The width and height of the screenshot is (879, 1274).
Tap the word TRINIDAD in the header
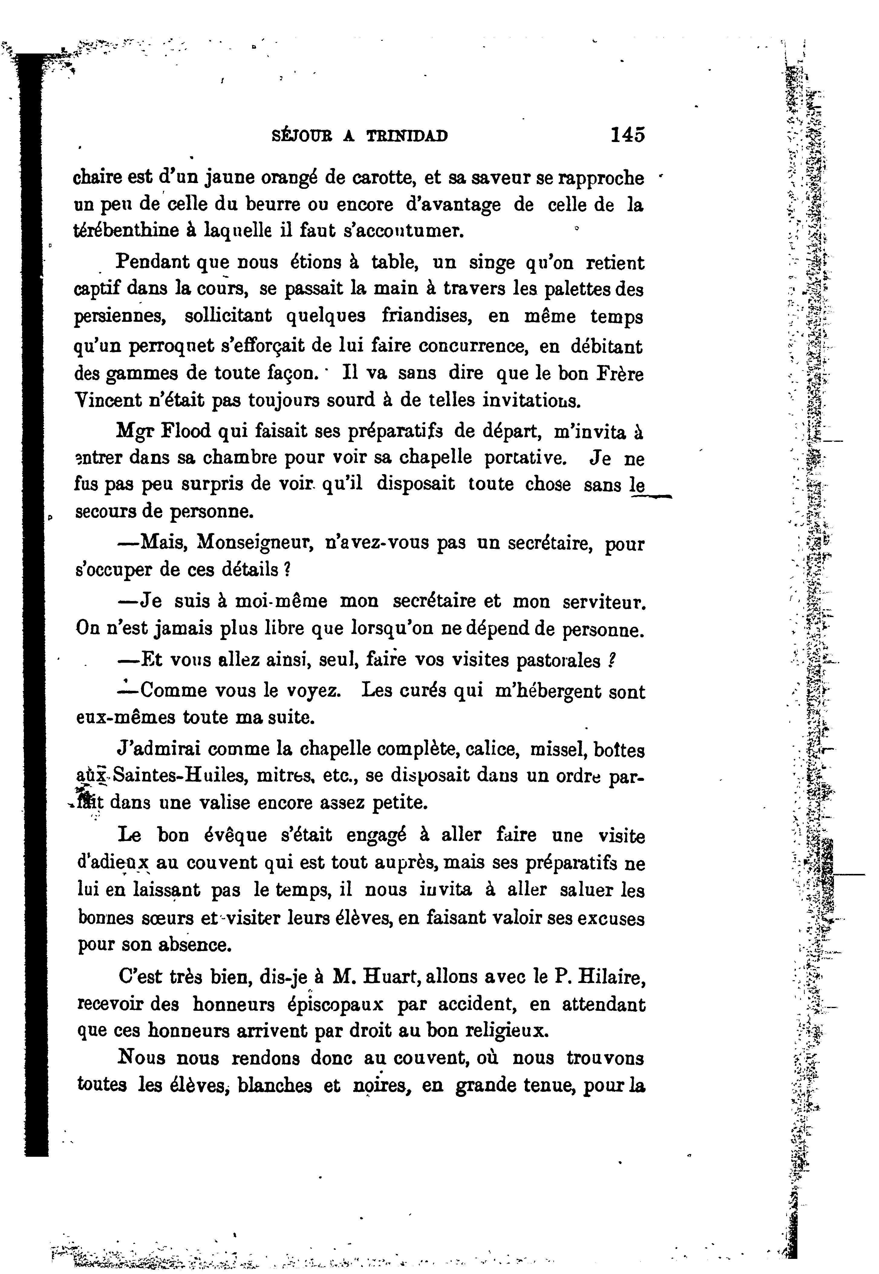[x=407, y=136]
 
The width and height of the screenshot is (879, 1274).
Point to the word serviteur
[x=603, y=602]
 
